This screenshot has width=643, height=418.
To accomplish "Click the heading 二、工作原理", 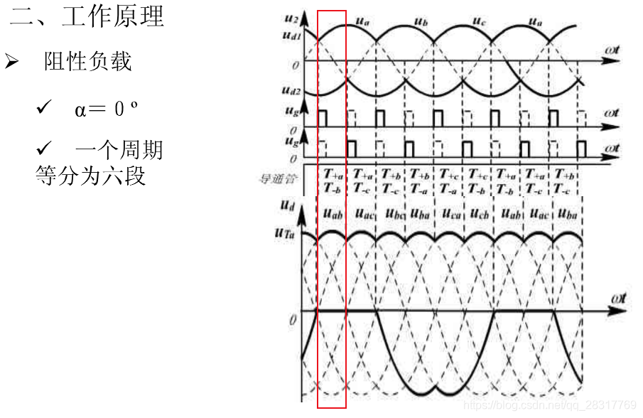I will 87,17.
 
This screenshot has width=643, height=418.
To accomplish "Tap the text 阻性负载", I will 88,62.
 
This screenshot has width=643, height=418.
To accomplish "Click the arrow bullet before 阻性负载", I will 12,62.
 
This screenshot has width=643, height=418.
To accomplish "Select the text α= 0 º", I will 106,109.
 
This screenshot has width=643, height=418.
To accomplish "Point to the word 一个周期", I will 119,150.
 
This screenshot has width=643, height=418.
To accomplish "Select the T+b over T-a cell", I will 419,181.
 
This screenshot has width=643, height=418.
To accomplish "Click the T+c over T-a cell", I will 448,181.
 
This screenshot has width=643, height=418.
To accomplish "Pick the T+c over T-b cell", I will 477,181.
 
